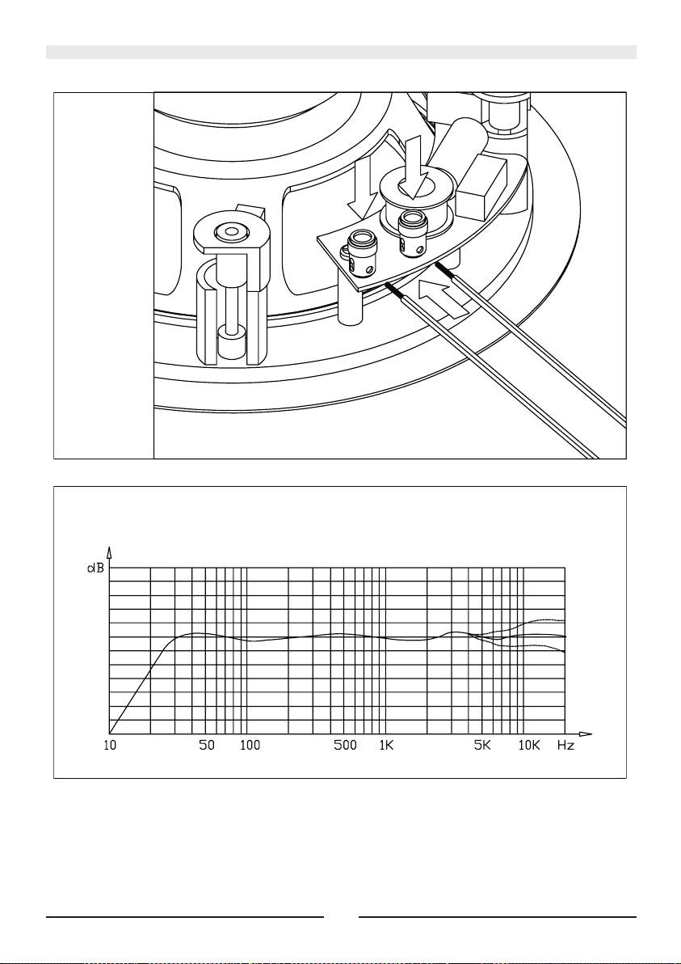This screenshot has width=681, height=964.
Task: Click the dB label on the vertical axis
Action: pyautogui.click(x=96, y=568)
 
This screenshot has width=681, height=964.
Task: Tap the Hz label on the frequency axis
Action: pyautogui.click(x=565, y=746)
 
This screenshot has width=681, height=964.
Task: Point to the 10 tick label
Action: pyautogui.click(x=111, y=746)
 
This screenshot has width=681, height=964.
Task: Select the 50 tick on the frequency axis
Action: pyautogui.click(x=207, y=746)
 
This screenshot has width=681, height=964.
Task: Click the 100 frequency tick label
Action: pyautogui.click(x=250, y=746)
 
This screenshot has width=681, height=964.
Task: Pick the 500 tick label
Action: pyautogui.click(x=345, y=746)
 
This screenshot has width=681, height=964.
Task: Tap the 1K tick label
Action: pyautogui.click(x=386, y=746)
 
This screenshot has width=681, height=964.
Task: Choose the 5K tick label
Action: pyautogui.click(x=482, y=746)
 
